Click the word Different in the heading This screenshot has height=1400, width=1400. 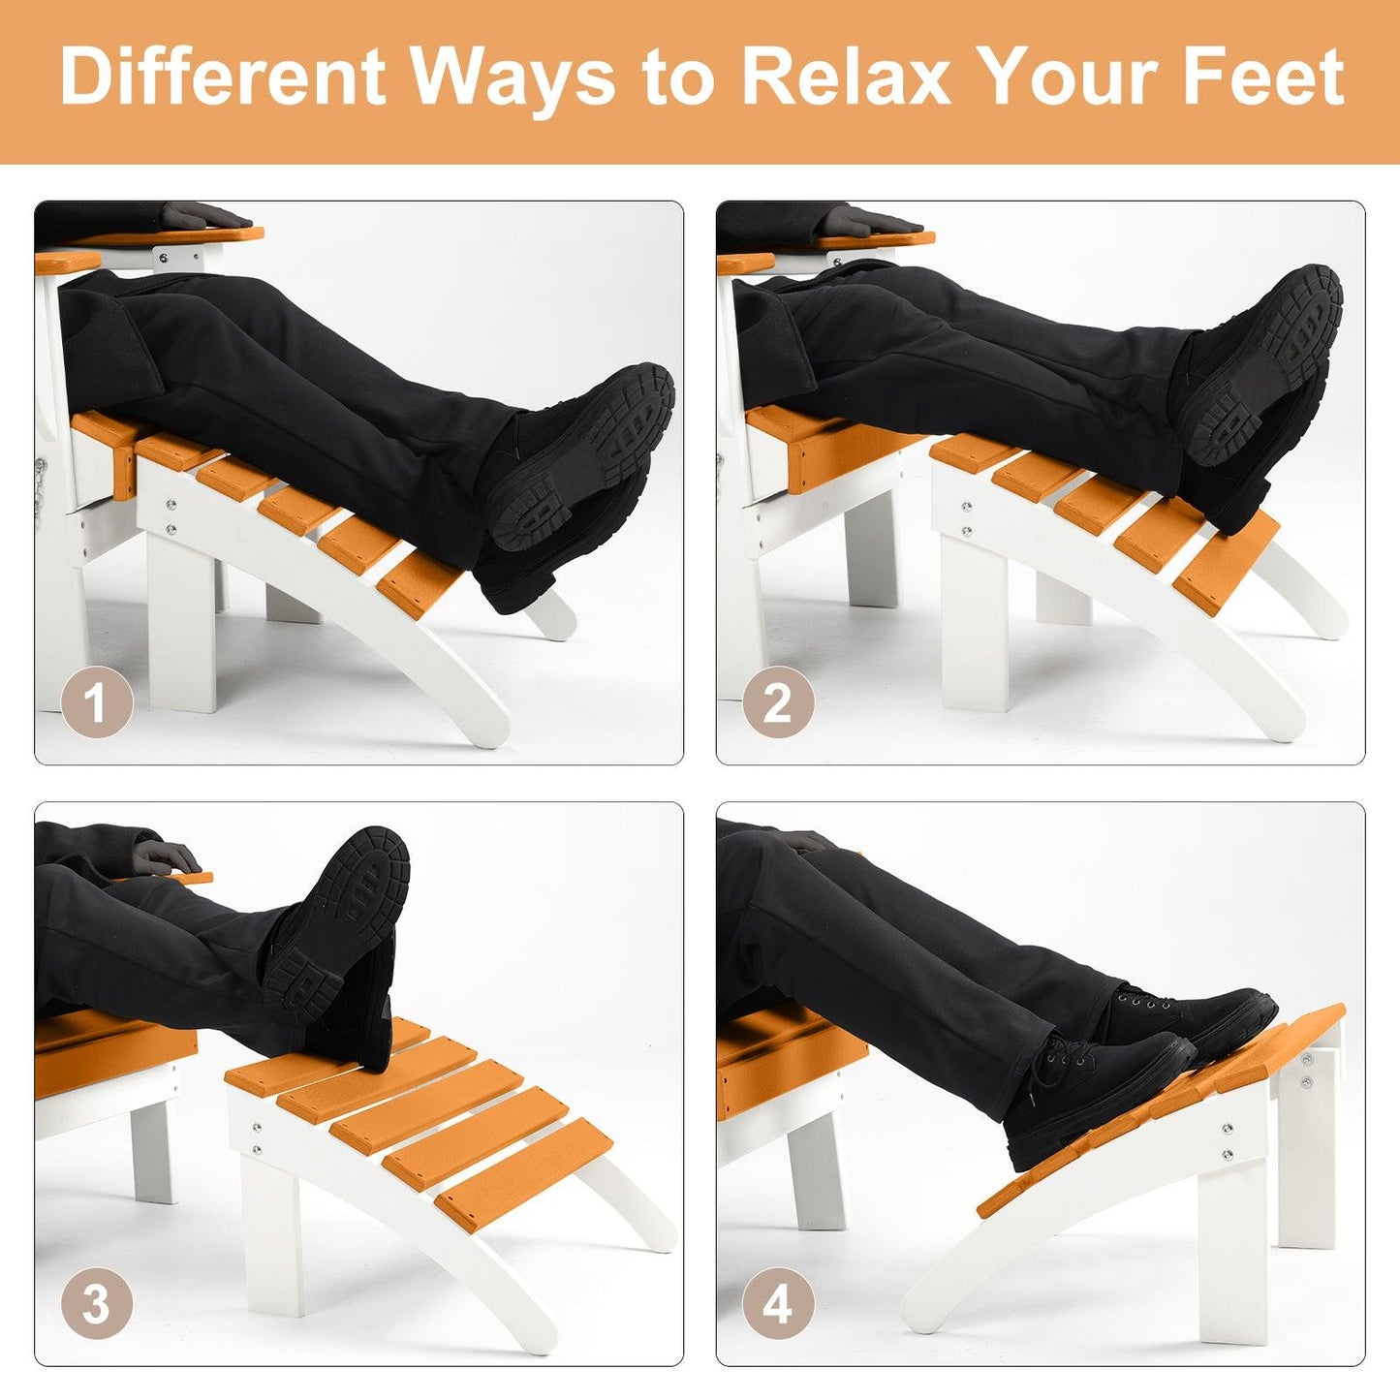click(x=223, y=78)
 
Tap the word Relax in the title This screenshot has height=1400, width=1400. click(x=845, y=78)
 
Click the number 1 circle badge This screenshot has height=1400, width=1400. click(x=96, y=702)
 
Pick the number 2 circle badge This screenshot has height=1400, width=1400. click(x=778, y=702)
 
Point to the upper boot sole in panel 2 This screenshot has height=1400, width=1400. click(x=1269, y=358)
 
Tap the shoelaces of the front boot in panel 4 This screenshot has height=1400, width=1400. click(x=1066, y=1056)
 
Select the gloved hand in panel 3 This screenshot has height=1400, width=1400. click(x=165, y=857)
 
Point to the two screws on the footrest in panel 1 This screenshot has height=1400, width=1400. click(x=171, y=515)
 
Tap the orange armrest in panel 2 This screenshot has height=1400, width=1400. click(x=872, y=236)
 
